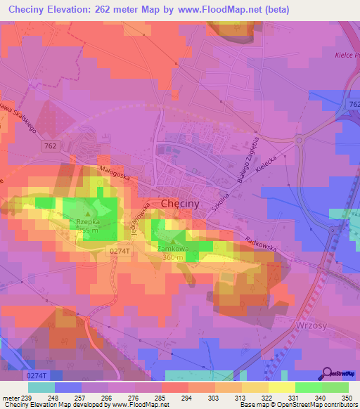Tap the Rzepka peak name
[82, 221]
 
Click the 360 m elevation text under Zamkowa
[173, 258]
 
